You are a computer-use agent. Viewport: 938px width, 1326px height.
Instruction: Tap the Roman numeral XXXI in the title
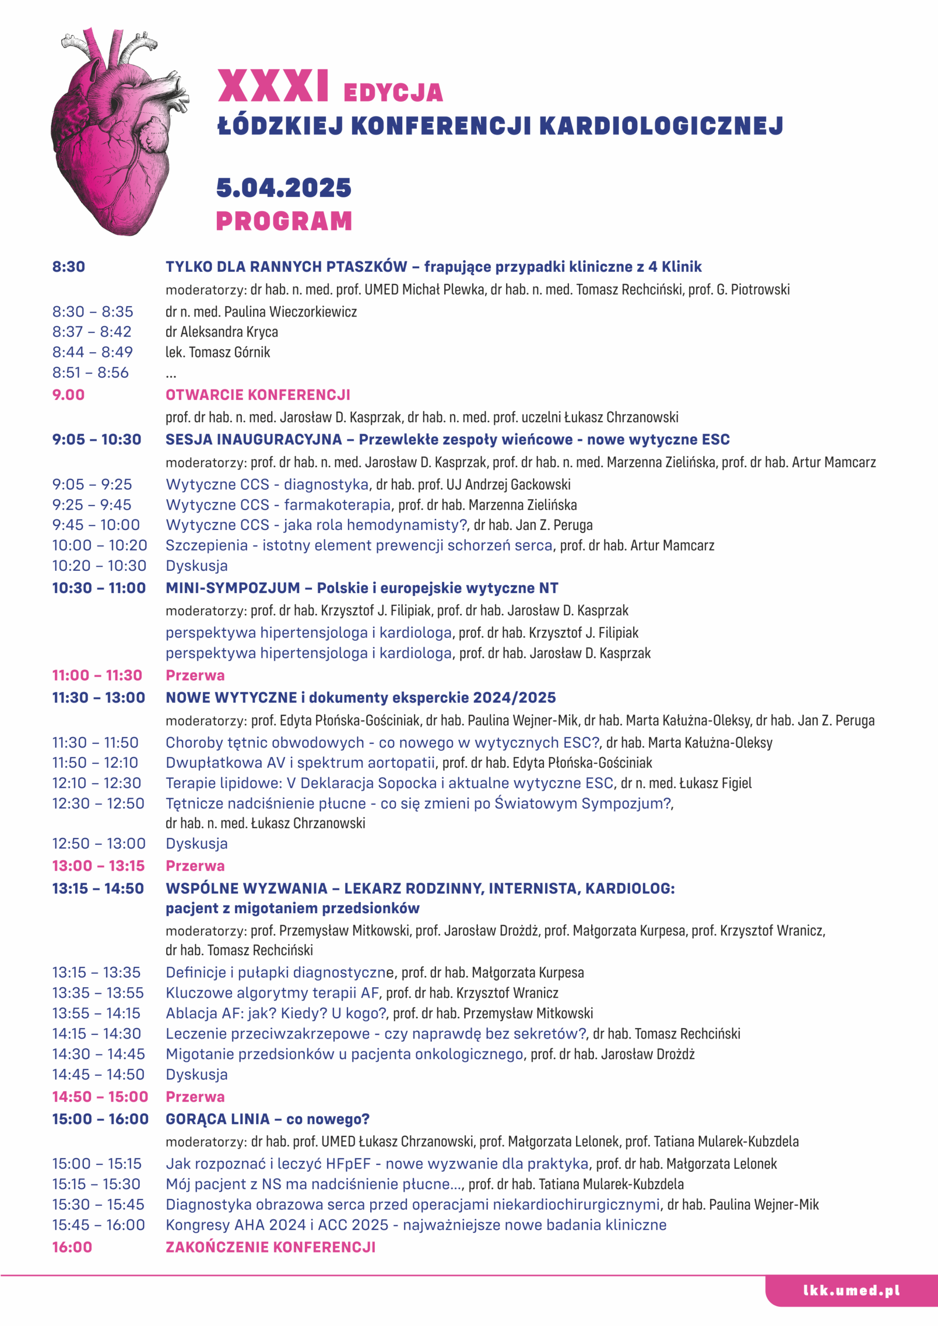(x=273, y=87)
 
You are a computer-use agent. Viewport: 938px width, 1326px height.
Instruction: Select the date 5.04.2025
(x=284, y=188)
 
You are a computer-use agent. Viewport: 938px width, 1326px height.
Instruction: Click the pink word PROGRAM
(x=284, y=221)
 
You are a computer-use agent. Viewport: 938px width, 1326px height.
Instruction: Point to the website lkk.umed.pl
(x=852, y=1291)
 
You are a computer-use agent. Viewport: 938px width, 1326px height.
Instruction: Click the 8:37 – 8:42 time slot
(x=92, y=331)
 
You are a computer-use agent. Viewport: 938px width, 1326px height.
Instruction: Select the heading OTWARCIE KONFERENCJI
(x=258, y=395)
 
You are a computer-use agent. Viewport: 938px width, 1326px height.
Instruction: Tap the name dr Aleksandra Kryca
(x=222, y=331)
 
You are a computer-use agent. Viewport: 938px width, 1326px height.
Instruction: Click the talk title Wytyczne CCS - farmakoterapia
(x=278, y=505)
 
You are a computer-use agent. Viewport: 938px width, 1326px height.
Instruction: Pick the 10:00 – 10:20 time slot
(x=99, y=545)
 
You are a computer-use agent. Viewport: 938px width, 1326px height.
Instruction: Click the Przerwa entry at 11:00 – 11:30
(x=195, y=675)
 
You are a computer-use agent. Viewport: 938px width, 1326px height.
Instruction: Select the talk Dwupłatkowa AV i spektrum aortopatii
(x=300, y=762)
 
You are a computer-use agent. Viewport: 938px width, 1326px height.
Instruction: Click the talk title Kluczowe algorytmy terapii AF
(x=272, y=992)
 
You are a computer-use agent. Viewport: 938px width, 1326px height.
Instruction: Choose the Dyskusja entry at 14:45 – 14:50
(x=196, y=1074)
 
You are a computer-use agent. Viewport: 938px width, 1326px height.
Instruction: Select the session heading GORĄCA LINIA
(x=217, y=1119)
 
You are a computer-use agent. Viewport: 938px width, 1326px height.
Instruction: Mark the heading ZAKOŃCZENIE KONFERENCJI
(x=270, y=1247)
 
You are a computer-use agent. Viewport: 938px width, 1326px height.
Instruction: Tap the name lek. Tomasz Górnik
(x=218, y=352)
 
